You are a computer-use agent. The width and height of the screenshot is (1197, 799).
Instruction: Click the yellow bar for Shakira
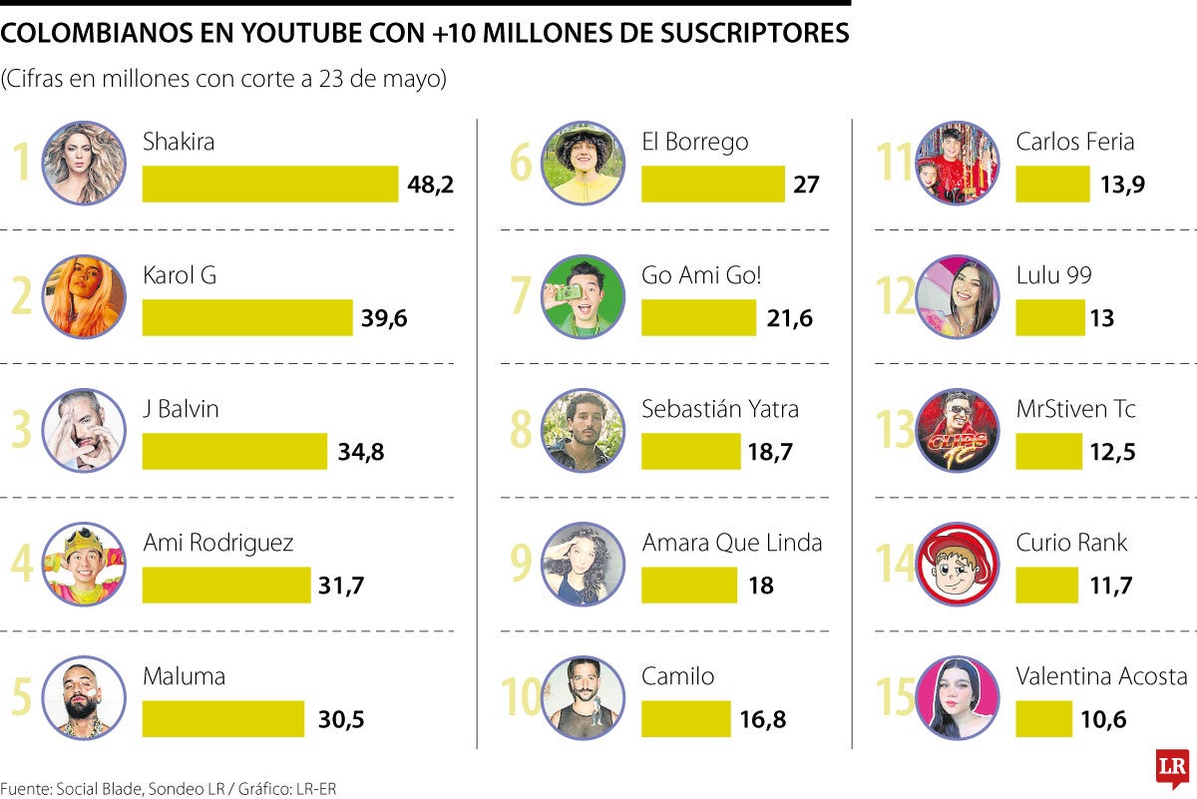tap(270, 184)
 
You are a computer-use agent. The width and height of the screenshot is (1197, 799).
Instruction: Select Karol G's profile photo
tap(85, 297)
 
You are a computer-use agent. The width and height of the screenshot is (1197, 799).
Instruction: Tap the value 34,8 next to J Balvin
tap(361, 452)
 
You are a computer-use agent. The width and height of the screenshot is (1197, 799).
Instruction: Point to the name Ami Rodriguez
tap(218, 543)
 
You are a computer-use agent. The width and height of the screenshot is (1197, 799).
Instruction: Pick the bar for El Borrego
tap(712, 184)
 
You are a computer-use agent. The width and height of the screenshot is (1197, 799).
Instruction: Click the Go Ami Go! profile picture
tap(584, 297)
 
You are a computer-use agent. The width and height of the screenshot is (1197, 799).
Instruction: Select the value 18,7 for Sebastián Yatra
tap(770, 452)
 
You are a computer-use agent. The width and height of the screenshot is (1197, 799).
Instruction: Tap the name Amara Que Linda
tap(732, 543)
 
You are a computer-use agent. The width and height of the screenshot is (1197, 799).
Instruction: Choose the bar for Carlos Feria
tap(1052, 184)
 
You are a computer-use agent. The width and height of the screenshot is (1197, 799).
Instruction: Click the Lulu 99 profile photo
tap(957, 297)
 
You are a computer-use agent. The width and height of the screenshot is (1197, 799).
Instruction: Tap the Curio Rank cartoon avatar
tap(957, 565)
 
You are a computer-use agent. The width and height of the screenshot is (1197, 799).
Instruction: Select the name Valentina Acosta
tap(1101, 676)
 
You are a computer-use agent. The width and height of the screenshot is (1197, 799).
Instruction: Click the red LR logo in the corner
tap(1172, 768)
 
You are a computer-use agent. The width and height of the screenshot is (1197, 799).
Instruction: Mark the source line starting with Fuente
tap(169, 789)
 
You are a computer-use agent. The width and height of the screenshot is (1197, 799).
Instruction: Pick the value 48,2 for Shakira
tap(431, 185)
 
